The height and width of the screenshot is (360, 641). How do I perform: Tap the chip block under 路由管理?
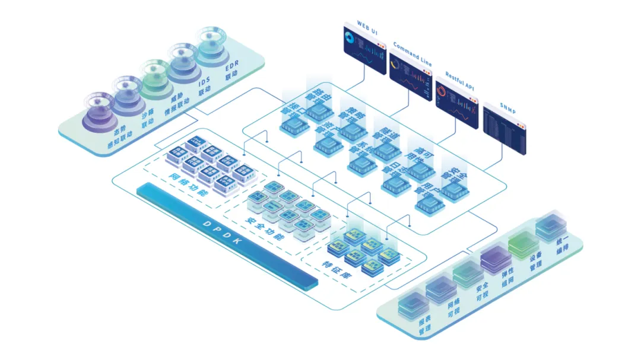click(x=320, y=110)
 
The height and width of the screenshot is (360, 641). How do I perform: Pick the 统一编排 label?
click(x=560, y=246)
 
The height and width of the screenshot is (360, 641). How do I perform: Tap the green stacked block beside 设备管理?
click(x=522, y=246)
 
